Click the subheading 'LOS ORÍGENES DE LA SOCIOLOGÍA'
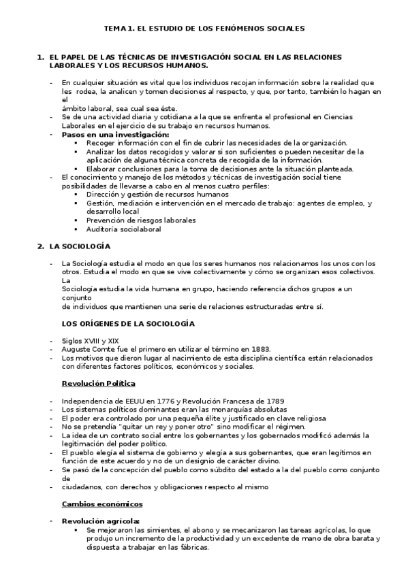(128, 323)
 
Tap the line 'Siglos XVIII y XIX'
(90, 340)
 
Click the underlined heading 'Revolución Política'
(98, 383)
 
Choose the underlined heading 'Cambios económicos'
(102, 504)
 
